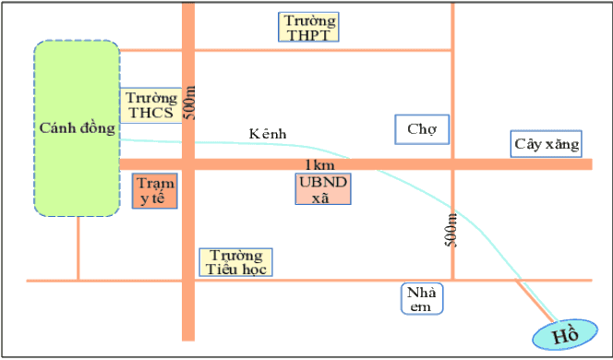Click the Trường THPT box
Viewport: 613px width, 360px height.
(308, 27)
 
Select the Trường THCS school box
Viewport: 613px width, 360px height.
(150, 105)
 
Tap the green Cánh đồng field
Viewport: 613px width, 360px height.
(77, 128)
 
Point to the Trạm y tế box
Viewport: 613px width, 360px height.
(155, 191)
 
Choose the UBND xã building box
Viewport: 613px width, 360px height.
(323, 189)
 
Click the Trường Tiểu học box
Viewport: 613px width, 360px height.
(235, 262)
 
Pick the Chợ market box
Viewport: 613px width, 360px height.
(422, 129)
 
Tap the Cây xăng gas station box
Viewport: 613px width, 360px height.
(547, 144)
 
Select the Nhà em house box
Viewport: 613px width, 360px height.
(422, 299)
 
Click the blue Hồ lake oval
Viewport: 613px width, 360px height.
(565, 334)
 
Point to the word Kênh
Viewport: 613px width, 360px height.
(268, 134)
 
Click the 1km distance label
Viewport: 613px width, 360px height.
(319, 165)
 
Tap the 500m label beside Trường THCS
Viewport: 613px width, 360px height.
(189, 102)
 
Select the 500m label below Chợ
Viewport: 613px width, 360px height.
(451, 230)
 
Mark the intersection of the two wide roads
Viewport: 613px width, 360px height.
(188, 164)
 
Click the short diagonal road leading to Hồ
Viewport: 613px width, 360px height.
(535, 301)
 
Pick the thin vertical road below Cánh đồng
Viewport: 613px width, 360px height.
(78, 248)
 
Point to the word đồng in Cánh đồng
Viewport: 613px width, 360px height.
(97, 128)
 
